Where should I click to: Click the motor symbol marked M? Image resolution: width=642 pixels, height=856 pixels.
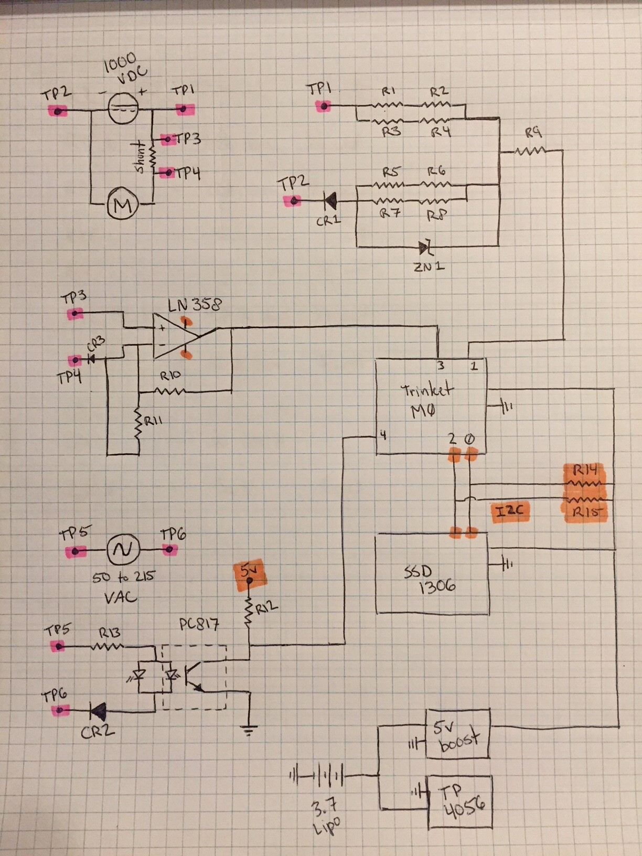point(122,205)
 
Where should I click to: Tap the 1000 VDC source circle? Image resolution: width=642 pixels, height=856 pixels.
point(123,109)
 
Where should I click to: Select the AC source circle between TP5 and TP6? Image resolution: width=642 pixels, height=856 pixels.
point(123,550)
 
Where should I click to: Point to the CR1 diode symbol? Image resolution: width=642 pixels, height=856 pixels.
point(330,200)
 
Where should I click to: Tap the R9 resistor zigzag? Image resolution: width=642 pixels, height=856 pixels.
point(531,152)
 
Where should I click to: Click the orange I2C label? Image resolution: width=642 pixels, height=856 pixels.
point(510,511)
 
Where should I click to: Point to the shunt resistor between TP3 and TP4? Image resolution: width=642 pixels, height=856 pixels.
point(153,156)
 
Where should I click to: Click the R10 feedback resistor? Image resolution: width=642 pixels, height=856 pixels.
point(170,391)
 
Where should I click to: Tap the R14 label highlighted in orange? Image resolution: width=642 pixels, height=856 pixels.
point(585,470)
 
